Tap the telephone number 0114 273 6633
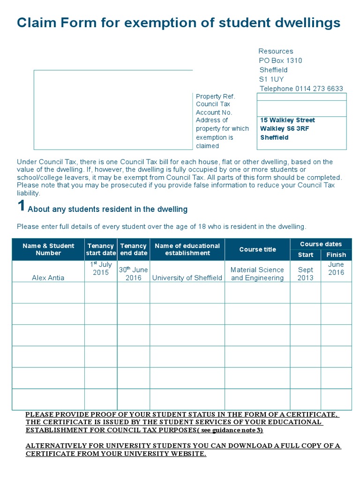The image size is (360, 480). [x=320, y=89]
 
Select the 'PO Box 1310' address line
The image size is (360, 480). [x=280, y=60]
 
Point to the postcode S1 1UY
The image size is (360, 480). [x=271, y=79]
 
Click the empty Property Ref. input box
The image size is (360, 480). [x=301, y=97]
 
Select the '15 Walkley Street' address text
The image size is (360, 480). [x=287, y=120]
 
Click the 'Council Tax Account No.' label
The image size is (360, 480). [x=214, y=108]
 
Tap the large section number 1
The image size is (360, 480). [x=21, y=206]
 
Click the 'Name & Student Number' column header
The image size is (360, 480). [x=48, y=249]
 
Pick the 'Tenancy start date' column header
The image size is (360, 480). [x=101, y=249]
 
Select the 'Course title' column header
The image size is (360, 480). [x=257, y=249]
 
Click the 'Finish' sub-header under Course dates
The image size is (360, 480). [x=336, y=255]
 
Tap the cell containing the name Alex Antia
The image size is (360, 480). [x=48, y=277]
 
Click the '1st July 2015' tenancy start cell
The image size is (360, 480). [x=101, y=269]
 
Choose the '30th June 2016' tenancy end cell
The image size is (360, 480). [x=133, y=273]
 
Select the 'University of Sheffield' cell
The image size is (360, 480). [x=187, y=277]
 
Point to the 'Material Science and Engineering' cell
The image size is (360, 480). [x=257, y=274]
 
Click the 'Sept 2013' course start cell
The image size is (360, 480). [x=306, y=274]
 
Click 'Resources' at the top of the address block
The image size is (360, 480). [x=276, y=51]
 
